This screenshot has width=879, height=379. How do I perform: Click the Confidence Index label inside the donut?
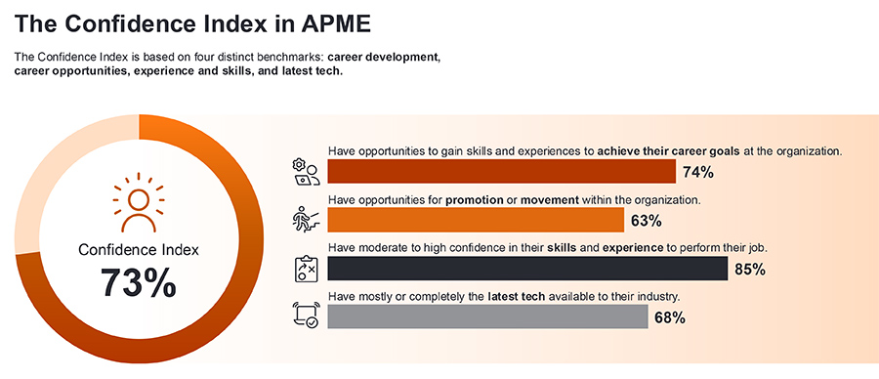click(x=139, y=250)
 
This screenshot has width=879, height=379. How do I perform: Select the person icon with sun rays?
click(x=139, y=201)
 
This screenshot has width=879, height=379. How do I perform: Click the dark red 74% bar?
click(x=501, y=172)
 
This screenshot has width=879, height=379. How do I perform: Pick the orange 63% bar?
click(x=476, y=220)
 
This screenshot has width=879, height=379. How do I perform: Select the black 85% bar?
click(x=527, y=269)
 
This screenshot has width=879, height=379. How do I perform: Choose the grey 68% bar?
click(x=487, y=316)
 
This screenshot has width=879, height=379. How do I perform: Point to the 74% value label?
click(x=698, y=173)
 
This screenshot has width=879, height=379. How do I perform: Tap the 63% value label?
click(x=646, y=221)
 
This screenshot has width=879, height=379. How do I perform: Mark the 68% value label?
click(x=669, y=317)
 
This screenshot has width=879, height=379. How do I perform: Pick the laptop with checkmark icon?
click(x=307, y=316)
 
